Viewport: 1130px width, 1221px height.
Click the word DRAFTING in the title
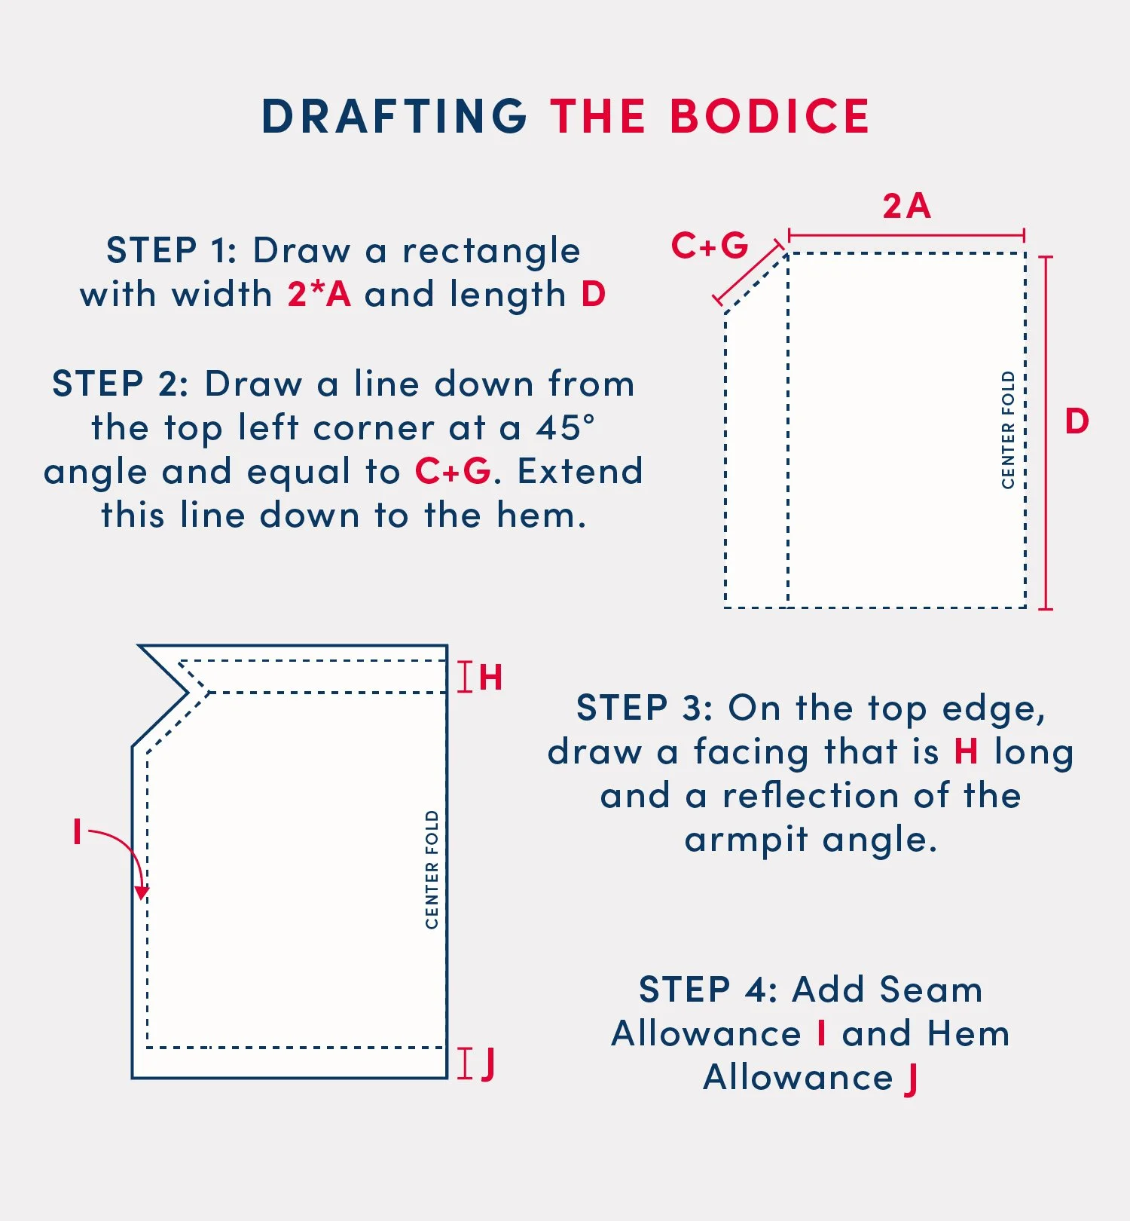pyautogui.click(x=394, y=116)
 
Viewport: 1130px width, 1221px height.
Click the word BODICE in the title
pyautogui.click(x=770, y=116)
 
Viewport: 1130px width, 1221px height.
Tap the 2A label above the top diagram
pyautogui.click(x=907, y=206)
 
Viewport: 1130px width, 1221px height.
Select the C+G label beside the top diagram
pyautogui.click(x=710, y=246)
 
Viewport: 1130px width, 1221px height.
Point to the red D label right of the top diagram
pyautogui.click(x=1077, y=421)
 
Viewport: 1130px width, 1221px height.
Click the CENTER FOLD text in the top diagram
pyautogui.click(x=1008, y=430)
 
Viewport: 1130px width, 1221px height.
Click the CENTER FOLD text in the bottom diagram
pyautogui.click(x=432, y=870)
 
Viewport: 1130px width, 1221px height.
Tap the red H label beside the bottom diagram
pyautogui.click(x=490, y=678)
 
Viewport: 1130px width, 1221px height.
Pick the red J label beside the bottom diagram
pyautogui.click(x=488, y=1063)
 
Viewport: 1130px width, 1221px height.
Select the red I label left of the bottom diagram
pyautogui.click(x=77, y=832)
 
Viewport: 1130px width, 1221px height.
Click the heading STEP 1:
pyautogui.click(x=173, y=250)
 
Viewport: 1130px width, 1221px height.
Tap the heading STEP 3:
pyautogui.click(x=645, y=708)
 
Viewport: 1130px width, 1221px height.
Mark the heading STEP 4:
pyautogui.click(x=708, y=990)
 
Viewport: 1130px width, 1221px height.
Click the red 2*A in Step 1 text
pyautogui.click(x=319, y=294)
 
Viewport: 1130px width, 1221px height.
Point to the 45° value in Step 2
pyautogui.click(x=566, y=427)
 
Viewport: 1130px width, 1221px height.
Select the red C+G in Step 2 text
pyautogui.click(x=453, y=471)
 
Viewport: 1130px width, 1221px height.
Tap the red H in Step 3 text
pyautogui.click(x=967, y=751)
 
